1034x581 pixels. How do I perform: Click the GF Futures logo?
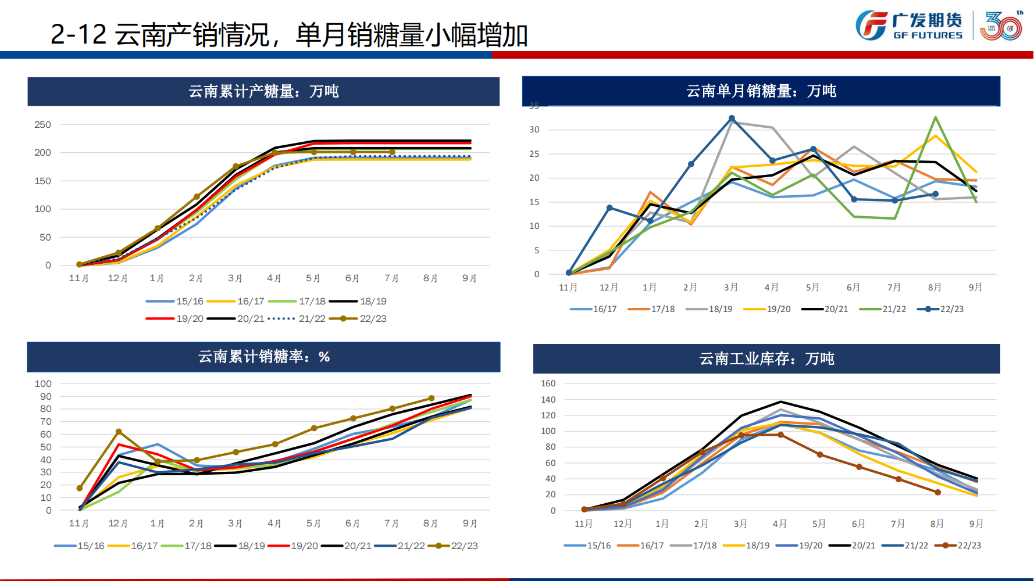point(909,26)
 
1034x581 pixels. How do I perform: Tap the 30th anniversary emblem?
point(1001,26)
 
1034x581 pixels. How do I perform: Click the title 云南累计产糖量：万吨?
point(263,91)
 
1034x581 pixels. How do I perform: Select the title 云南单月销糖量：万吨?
point(761,91)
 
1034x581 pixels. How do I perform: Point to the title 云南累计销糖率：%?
point(263,356)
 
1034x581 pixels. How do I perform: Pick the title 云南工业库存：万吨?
point(766,358)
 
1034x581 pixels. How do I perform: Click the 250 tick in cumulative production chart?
point(43,124)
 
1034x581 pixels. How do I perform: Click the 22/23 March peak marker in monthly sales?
point(732,119)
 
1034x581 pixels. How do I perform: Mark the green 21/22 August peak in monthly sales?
point(935,117)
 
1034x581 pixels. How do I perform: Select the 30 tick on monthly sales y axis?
point(534,130)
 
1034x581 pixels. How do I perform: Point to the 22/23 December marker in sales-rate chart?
point(119,432)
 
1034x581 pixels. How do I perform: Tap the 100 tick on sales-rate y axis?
point(43,383)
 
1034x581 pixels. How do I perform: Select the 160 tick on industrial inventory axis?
point(548,383)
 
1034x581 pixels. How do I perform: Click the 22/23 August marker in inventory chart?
point(937,492)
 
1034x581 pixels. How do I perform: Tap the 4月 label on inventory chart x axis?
point(779,523)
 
